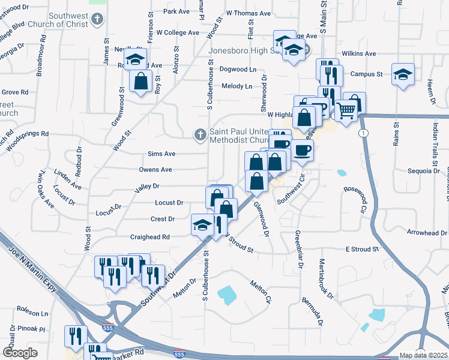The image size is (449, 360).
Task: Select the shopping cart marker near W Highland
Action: (x=346, y=110)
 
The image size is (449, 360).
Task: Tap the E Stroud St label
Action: (x=363, y=249)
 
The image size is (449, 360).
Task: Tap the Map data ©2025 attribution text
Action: (x=423, y=355)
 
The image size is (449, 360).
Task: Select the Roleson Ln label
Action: (x=32, y=313)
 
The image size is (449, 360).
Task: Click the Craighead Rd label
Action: (x=150, y=237)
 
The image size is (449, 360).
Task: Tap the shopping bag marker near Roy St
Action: (x=140, y=81)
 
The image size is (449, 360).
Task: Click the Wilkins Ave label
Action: (x=358, y=53)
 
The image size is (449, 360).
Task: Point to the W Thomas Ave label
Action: (x=249, y=13)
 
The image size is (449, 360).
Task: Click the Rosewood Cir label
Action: (x=355, y=200)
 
